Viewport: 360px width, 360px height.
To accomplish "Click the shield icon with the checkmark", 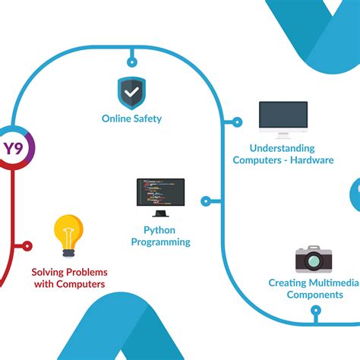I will (132, 93).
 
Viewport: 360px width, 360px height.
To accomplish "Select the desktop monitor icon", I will (283, 117).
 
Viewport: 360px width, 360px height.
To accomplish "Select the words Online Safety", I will (132, 118).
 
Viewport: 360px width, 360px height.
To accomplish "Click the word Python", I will (160, 229).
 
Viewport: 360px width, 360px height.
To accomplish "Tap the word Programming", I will (160, 242).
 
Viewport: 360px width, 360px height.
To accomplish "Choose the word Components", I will (314, 295).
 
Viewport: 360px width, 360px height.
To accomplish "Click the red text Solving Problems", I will (69, 272).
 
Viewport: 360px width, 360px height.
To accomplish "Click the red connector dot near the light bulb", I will (28, 245).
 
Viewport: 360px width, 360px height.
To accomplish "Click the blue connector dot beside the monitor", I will (237, 122).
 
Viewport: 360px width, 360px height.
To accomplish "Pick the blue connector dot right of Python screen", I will (206, 201).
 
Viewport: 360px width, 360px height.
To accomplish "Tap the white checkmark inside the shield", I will (132, 93).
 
